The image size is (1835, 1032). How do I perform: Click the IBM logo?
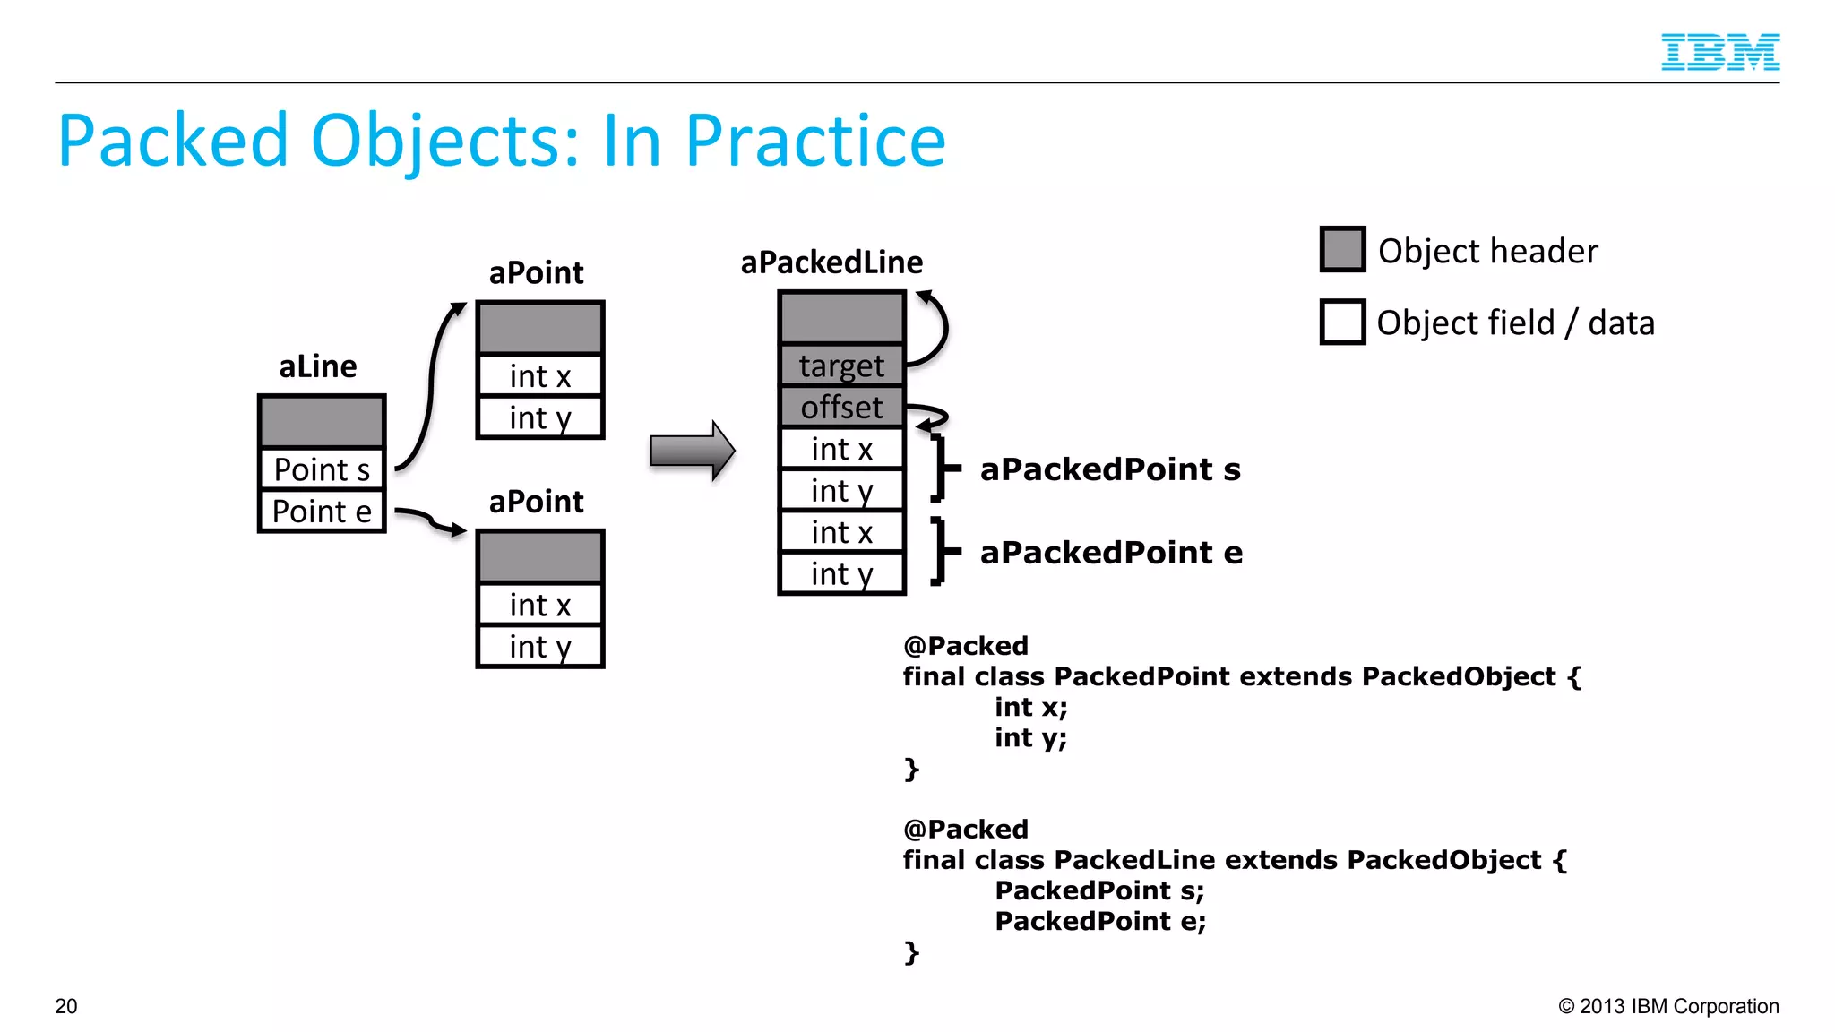(1719, 52)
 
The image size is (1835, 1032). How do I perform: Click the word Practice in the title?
(814, 142)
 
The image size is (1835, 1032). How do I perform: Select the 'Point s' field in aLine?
(322, 469)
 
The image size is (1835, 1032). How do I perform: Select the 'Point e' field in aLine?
(322, 512)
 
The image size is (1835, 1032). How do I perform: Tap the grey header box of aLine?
(322, 421)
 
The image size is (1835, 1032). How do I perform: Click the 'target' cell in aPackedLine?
(841, 365)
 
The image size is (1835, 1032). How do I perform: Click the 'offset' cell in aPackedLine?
(841, 408)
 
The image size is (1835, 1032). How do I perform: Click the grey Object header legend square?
(1342, 250)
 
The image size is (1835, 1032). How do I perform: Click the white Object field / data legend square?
(1342, 322)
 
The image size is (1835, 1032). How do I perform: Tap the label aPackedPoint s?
(1110, 469)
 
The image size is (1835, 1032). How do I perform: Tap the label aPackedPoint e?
(1111, 553)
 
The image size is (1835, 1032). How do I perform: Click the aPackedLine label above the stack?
(831, 262)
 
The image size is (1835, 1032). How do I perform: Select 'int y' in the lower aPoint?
(540, 647)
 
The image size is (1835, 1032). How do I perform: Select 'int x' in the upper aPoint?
(540, 376)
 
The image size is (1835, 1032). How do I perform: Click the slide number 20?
(66, 1006)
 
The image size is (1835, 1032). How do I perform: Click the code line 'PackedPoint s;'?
(1099, 890)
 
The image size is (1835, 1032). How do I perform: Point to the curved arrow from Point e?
(431, 520)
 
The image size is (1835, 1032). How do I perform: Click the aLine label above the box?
(318, 366)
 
